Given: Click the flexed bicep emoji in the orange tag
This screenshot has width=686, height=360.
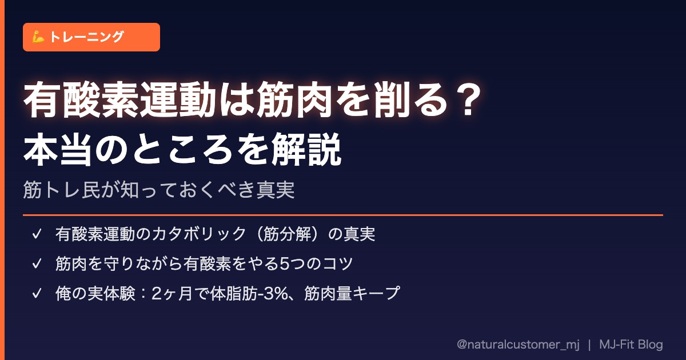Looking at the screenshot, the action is coord(38,37).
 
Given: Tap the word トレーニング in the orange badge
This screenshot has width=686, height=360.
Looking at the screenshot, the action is coord(87,37).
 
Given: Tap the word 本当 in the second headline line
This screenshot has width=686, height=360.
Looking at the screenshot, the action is coord(58,149).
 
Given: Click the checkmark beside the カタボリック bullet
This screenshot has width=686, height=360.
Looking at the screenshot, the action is coord(37,234).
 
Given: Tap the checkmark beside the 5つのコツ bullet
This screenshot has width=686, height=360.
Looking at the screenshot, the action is coord(37,263).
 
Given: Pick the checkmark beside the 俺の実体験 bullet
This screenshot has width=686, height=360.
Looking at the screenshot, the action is coord(37,293).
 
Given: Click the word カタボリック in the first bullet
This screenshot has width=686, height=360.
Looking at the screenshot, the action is coord(199,234).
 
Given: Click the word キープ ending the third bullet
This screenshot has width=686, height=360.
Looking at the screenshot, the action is coord(376,293).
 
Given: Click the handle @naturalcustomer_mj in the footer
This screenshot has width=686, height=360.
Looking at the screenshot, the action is coord(518,345).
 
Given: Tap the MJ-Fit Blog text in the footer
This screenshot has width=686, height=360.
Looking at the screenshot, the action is coord(631,345).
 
